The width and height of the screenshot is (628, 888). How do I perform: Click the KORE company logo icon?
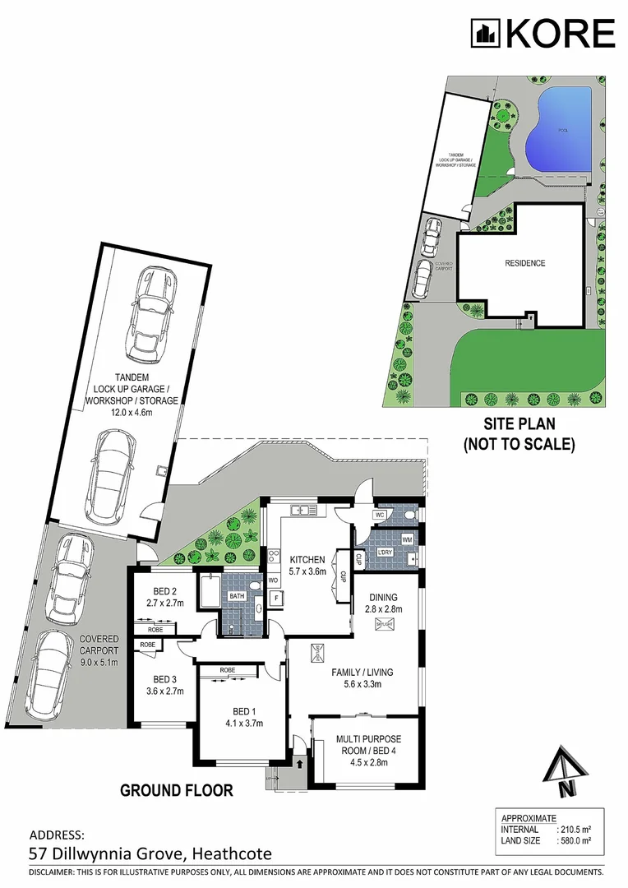[x=485, y=34]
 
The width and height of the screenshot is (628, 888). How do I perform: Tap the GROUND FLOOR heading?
[x=177, y=791]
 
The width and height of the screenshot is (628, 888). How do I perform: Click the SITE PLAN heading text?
[x=519, y=425]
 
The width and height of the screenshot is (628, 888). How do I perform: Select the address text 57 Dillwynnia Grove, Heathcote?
[x=150, y=854]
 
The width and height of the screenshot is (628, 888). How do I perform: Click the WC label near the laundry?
[x=379, y=516]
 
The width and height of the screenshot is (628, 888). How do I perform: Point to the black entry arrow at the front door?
[x=299, y=764]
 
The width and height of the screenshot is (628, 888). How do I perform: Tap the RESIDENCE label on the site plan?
[x=524, y=263]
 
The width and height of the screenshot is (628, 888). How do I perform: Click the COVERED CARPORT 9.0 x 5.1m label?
[x=99, y=650]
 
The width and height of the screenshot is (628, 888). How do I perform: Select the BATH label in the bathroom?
[x=238, y=596]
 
